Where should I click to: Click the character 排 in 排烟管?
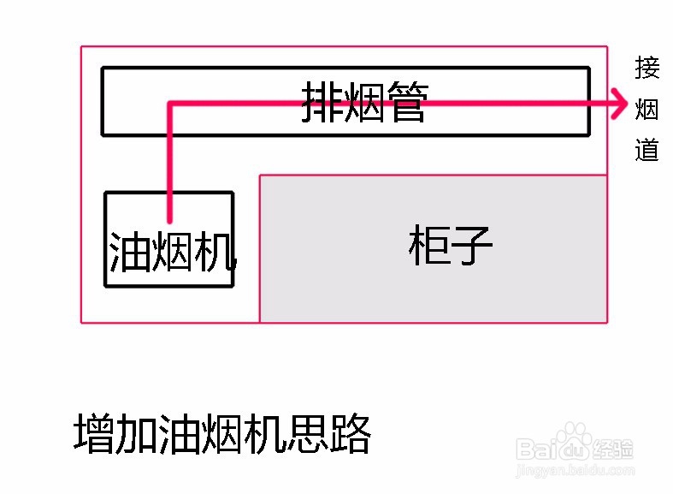322,103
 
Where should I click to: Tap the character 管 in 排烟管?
404,103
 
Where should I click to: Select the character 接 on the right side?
647,67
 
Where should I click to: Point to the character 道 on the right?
647,150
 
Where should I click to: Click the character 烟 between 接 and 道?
647,109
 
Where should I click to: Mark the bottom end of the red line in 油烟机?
170,219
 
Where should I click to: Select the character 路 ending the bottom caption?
350,435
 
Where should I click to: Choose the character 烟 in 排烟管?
363,103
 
